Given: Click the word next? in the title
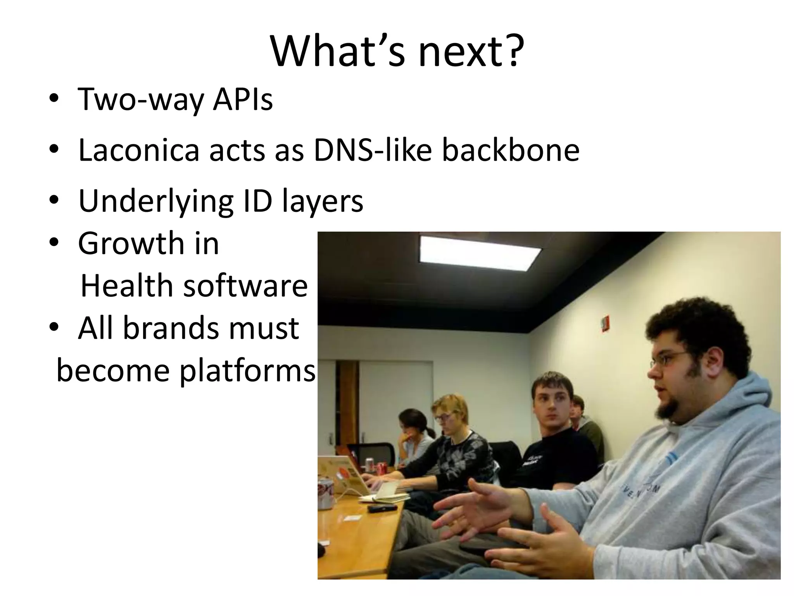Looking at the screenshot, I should tap(470, 52).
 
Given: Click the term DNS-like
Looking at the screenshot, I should tap(372, 151).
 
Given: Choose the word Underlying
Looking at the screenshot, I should tap(155, 202).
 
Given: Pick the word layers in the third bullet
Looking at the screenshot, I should tap(323, 202).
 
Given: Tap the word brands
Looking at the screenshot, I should tap(171, 328).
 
